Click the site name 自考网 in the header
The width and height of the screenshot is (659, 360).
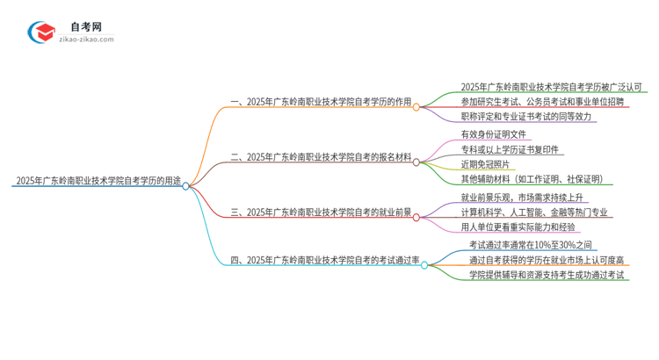[x=86, y=25]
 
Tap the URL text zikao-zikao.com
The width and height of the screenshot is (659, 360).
[x=86, y=40]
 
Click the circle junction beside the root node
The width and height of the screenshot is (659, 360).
[x=185, y=185]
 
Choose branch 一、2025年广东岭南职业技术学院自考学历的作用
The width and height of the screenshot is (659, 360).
[x=322, y=102]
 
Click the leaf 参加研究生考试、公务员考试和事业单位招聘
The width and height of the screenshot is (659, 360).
[x=544, y=102]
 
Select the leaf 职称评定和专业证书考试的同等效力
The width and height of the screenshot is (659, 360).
[x=526, y=116]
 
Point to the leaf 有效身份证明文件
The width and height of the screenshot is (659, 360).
[x=493, y=135]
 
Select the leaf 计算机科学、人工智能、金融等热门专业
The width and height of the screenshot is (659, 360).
[x=536, y=212]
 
